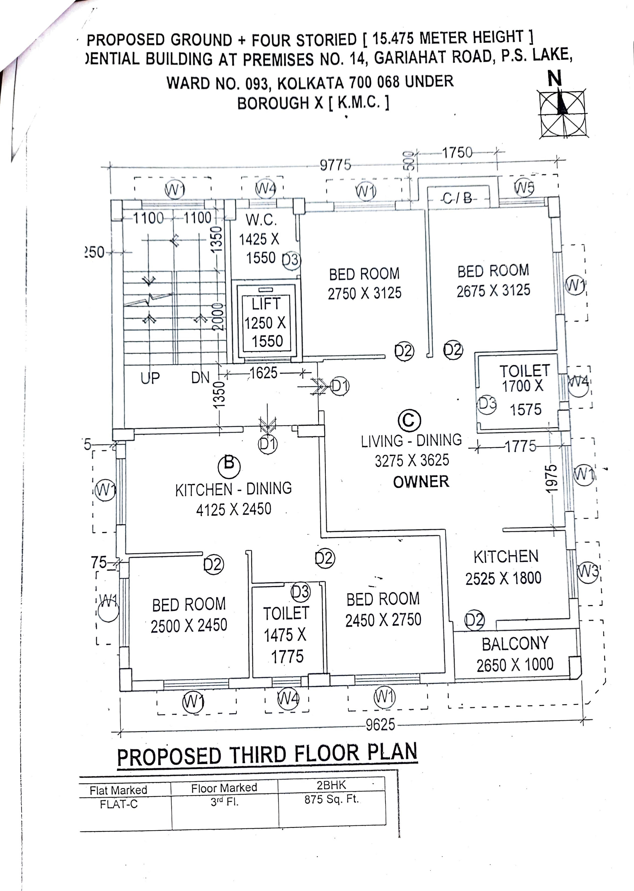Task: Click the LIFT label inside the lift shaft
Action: pyautogui.click(x=266, y=304)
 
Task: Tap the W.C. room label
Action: pyautogui.click(x=261, y=220)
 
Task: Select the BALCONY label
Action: pyautogui.click(x=515, y=644)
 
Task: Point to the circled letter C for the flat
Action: pyautogui.click(x=409, y=420)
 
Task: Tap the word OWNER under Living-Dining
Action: pyautogui.click(x=421, y=482)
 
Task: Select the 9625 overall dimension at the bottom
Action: pyautogui.click(x=380, y=725)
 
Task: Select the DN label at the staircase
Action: pyautogui.click(x=200, y=377)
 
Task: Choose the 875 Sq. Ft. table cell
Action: pyautogui.click(x=331, y=799)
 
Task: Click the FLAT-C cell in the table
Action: pyautogui.click(x=119, y=804)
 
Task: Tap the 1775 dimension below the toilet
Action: pyautogui.click(x=520, y=446)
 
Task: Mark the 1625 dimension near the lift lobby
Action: pyautogui.click(x=264, y=373)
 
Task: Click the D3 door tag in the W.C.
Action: pyautogui.click(x=291, y=260)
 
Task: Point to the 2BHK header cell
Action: pyautogui.click(x=331, y=785)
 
